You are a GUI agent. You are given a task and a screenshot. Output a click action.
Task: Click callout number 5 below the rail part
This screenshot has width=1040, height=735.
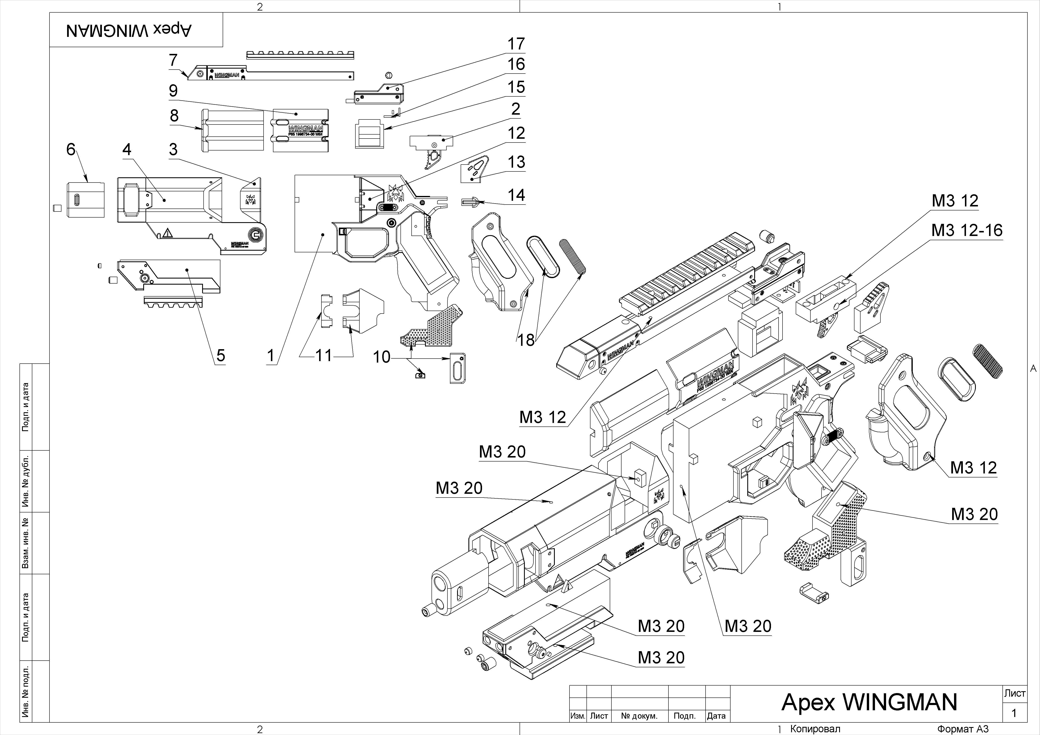tap(221, 355)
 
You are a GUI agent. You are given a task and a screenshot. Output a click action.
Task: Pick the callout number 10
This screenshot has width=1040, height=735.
tap(381, 357)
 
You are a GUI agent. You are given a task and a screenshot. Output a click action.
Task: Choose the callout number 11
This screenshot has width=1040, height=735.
tap(323, 356)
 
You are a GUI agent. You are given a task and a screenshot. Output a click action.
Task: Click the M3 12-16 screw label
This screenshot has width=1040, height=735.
tap(967, 231)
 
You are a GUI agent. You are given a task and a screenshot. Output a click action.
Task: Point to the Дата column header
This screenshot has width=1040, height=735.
tap(716, 716)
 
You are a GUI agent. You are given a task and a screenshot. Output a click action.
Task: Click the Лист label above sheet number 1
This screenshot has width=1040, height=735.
tap(1015, 693)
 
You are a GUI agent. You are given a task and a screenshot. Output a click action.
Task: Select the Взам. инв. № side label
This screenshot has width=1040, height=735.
tap(26, 543)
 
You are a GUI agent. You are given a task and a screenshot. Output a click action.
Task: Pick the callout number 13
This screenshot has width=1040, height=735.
tap(516, 162)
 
